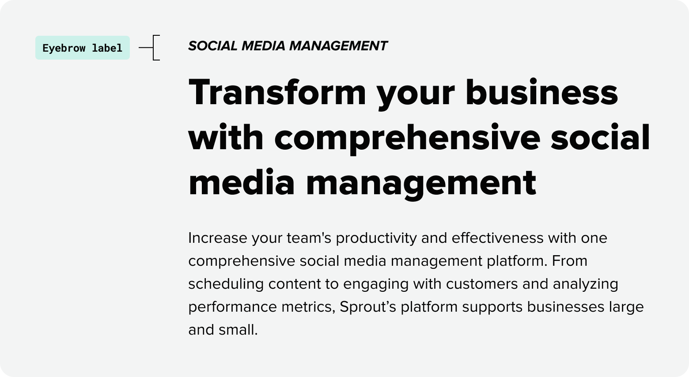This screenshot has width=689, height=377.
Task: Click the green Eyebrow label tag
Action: (83, 48)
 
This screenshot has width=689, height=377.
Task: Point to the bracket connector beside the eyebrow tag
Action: (153, 48)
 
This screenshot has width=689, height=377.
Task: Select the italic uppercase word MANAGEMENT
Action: (338, 46)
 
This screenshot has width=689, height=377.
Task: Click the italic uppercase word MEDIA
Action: (263, 46)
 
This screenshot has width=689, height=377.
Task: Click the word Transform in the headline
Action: (277, 92)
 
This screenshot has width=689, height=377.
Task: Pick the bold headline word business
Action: (542, 92)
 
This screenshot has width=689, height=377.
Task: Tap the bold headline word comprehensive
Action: (407, 138)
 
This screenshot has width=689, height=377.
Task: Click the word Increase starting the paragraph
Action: (218, 238)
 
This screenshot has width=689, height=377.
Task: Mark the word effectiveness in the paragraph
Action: (498, 238)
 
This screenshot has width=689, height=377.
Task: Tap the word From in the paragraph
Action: (570, 261)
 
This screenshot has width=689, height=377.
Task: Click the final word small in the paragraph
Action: (238, 330)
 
